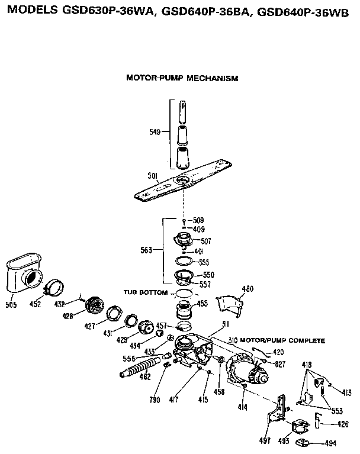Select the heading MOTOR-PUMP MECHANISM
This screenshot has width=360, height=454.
tap(182, 78)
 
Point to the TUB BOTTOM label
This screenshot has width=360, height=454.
tap(145, 292)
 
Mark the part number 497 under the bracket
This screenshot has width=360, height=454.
tap(265, 440)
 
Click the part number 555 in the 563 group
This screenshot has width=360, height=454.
tap(204, 262)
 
